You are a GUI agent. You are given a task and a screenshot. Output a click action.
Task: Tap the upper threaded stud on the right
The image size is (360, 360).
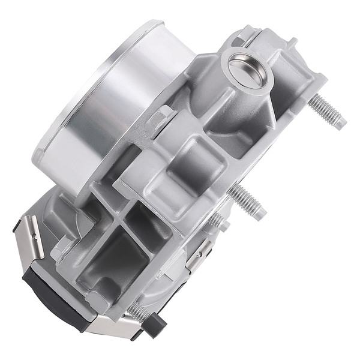click(x=327, y=112)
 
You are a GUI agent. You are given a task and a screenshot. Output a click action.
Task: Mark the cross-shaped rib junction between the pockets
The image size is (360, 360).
click(x=120, y=222)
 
